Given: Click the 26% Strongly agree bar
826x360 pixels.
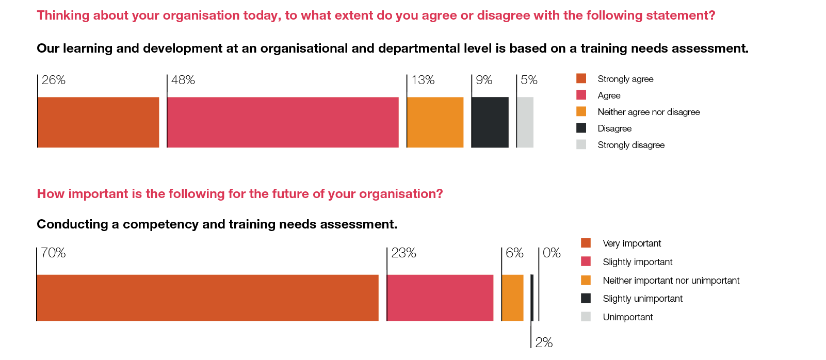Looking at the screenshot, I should point(98,122).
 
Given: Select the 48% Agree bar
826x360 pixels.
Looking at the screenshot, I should point(283,122).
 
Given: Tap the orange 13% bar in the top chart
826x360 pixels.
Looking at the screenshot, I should point(435,122).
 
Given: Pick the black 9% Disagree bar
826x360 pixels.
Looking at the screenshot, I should point(490,122).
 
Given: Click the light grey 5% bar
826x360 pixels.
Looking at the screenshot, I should point(525,122).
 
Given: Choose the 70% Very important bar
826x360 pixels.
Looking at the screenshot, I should point(207,298).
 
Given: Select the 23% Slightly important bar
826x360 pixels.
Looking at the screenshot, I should point(440,298).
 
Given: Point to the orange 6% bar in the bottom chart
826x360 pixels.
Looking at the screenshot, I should point(512,298).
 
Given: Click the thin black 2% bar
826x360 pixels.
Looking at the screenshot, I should point(532,298).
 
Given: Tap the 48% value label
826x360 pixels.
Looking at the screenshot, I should point(183,80).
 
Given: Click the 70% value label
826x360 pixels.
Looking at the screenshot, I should point(53,253).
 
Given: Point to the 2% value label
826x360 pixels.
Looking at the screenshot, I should point(544,342).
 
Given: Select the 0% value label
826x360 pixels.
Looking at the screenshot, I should point(552,253).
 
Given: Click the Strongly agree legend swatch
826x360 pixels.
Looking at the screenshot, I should point(581,78).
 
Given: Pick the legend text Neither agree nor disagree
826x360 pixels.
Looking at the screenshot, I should point(649,112).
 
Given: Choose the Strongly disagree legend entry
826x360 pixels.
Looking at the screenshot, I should point(631,145).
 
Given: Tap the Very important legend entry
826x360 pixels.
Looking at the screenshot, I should point(631,243).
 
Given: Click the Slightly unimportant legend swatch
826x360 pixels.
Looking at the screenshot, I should point(586,298).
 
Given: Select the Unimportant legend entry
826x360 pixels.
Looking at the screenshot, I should point(627,317).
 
